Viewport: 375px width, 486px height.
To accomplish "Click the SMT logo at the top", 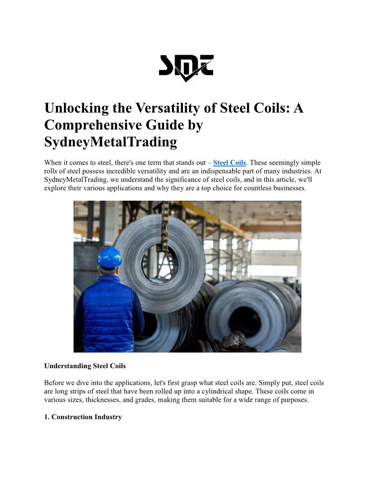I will pos(186,68).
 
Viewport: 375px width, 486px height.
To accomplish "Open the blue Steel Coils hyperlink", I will pos(229,163).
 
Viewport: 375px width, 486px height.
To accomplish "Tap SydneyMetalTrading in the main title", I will pos(110,142).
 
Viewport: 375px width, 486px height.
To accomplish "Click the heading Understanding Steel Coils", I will pos(85,366).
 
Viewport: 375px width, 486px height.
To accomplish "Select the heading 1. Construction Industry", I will pos(83,417).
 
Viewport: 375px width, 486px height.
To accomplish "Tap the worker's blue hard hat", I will pos(109,258).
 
